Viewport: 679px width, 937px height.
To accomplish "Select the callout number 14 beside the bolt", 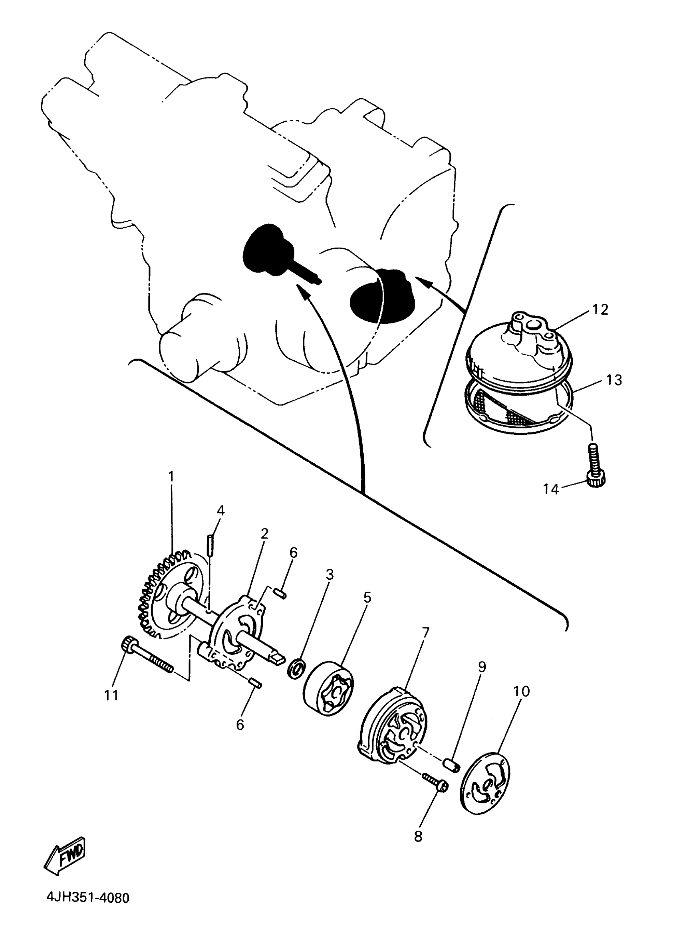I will pos(550,489).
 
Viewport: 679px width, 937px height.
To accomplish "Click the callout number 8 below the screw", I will pos(418,837).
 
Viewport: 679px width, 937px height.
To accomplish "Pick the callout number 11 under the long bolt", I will pos(111,695).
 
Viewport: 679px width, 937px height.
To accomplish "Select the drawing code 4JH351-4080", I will pos(87,909).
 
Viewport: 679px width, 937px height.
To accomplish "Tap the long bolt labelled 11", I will pos(146,659).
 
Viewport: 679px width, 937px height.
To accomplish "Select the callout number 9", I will pos(481,667).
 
